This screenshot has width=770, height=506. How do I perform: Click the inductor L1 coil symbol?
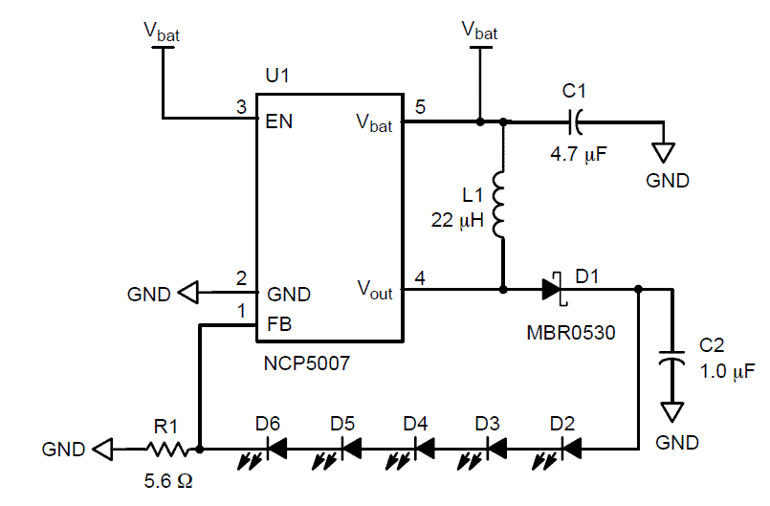click(500, 203)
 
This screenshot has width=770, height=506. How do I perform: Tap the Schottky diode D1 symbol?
click(552, 287)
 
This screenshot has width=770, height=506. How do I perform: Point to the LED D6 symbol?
click(276, 448)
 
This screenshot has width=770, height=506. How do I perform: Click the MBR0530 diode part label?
click(571, 334)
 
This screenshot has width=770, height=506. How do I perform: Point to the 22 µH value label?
click(458, 221)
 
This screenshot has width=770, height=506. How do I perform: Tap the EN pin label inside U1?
click(280, 121)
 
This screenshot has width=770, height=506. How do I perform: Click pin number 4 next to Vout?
click(419, 278)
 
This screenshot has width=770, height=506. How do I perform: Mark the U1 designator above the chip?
click(276, 76)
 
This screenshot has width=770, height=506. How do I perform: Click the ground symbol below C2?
click(674, 412)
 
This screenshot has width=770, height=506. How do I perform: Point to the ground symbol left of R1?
click(102, 448)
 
